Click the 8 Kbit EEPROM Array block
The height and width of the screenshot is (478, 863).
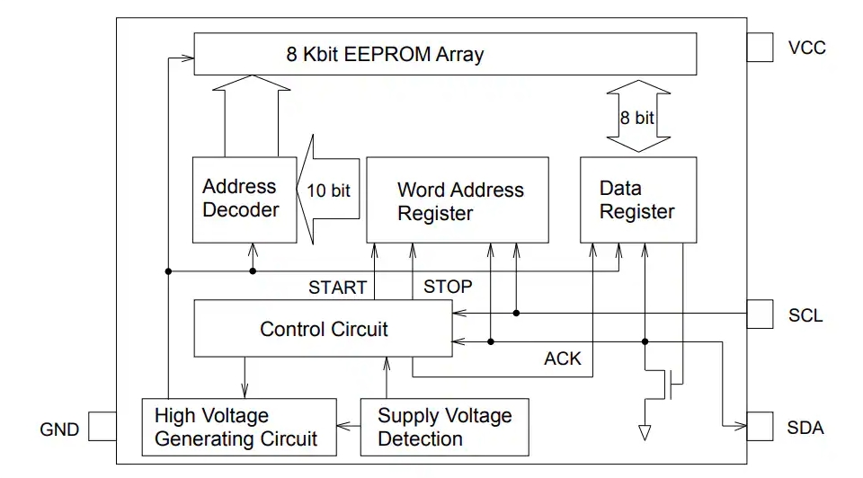[445, 54]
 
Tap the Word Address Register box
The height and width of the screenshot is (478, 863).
[458, 199]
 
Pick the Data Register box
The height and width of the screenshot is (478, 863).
[637, 199]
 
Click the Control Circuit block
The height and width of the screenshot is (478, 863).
[324, 329]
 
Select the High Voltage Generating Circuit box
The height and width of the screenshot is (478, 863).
[236, 427]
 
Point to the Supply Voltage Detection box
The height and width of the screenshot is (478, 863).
[444, 427]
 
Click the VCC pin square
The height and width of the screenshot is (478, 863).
[760, 49]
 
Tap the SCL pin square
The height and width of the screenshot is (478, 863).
[760, 314]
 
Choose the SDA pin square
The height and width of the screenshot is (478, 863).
[760, 426]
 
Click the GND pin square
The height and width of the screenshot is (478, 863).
[102, 427]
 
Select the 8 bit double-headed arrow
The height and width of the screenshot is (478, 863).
[637, 117]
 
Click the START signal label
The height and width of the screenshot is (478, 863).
[337, 288]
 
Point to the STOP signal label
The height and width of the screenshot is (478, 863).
[448, 288]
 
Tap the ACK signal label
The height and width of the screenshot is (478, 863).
[563, 358]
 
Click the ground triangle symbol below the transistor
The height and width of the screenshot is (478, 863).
[645, 433]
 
